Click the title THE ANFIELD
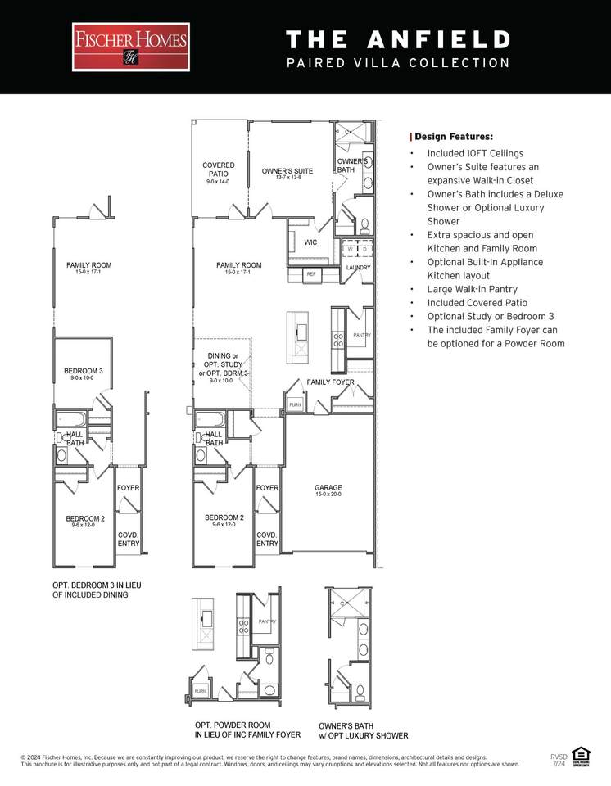click(398, 39)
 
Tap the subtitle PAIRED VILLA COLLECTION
click(398, 63)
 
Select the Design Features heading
click(454, 137)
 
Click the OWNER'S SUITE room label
click(287, 171)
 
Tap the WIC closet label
click(310, 242)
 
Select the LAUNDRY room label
click(358, 268)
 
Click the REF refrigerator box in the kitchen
click(311, 274)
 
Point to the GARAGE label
click(328, 488)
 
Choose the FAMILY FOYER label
click(330, 382)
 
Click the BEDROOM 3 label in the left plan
click(84, 371)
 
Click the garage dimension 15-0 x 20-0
click(328, 495)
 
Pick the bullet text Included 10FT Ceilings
click(475, 153)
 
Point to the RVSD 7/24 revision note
click(559, 760)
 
